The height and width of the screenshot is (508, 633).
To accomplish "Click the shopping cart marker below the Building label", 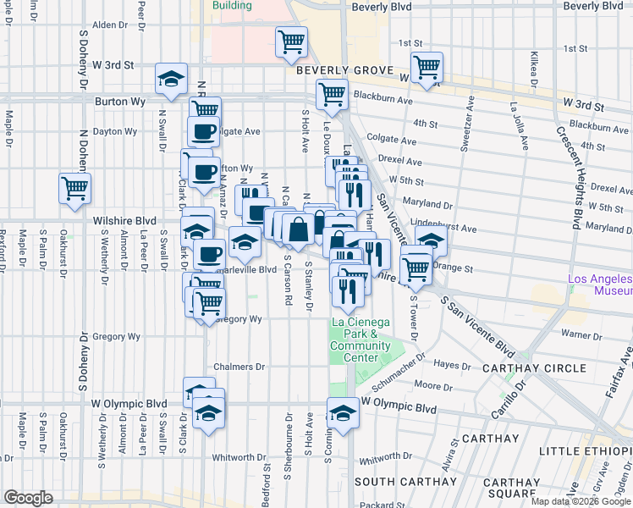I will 292,41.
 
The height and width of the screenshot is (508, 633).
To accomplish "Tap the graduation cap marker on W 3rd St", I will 171,79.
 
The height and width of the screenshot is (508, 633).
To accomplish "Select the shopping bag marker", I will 299,229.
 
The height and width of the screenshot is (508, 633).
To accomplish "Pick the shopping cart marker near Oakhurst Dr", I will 75,187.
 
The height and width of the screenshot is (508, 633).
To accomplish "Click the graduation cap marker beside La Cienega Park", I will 343,412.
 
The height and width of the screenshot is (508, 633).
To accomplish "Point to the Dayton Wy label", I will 115,131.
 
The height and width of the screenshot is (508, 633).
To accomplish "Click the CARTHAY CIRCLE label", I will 533,368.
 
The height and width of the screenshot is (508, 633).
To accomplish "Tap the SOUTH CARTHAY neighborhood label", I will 401,482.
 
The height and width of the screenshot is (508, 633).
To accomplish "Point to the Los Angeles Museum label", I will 599,285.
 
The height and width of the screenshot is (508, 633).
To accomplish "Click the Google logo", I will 28,498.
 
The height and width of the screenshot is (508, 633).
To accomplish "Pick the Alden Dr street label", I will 109,25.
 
